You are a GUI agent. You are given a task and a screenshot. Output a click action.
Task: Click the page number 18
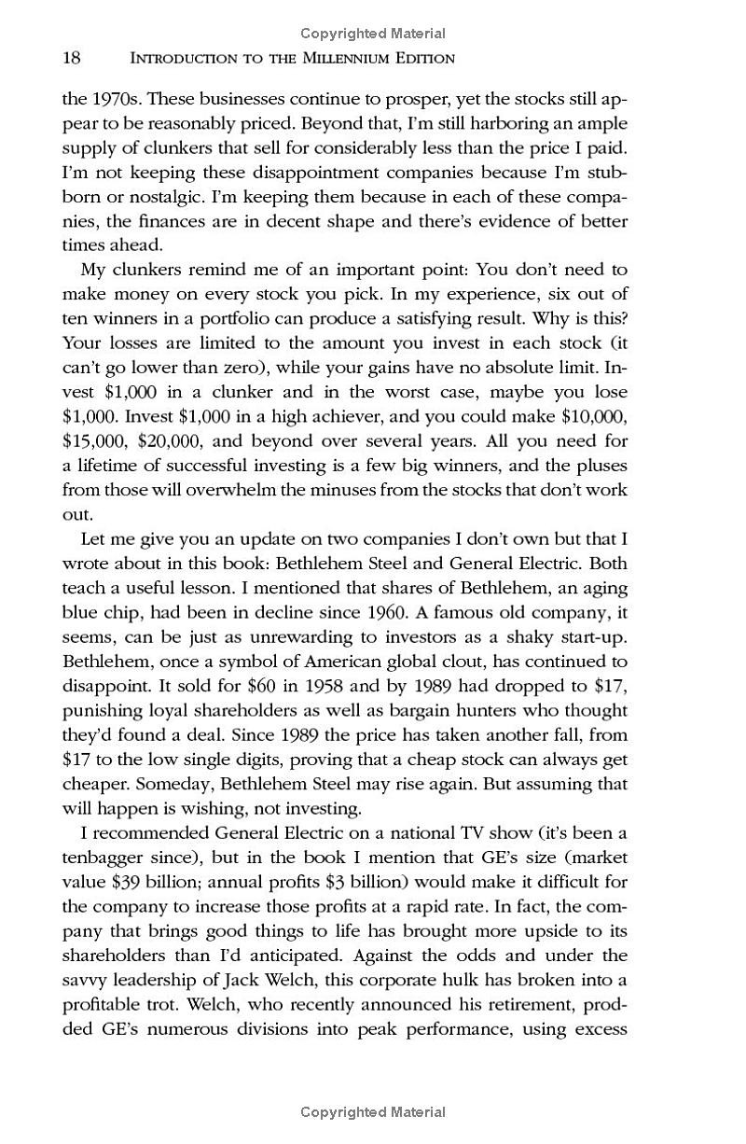coord(72,59)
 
